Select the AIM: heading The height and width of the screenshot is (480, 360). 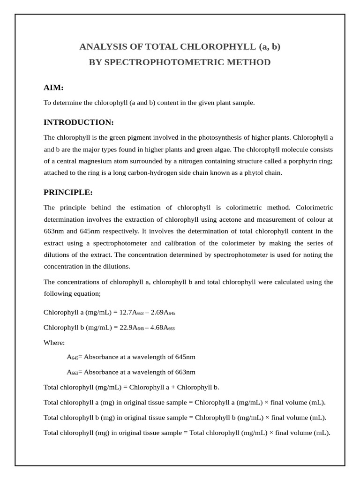tap(53, 88)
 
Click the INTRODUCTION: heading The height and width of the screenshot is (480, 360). tap(79, 122)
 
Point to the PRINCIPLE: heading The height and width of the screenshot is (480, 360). tap(68, 193)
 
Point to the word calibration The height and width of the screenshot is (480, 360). tap(187, 243)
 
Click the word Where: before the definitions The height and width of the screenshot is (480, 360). tap(54, 343)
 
